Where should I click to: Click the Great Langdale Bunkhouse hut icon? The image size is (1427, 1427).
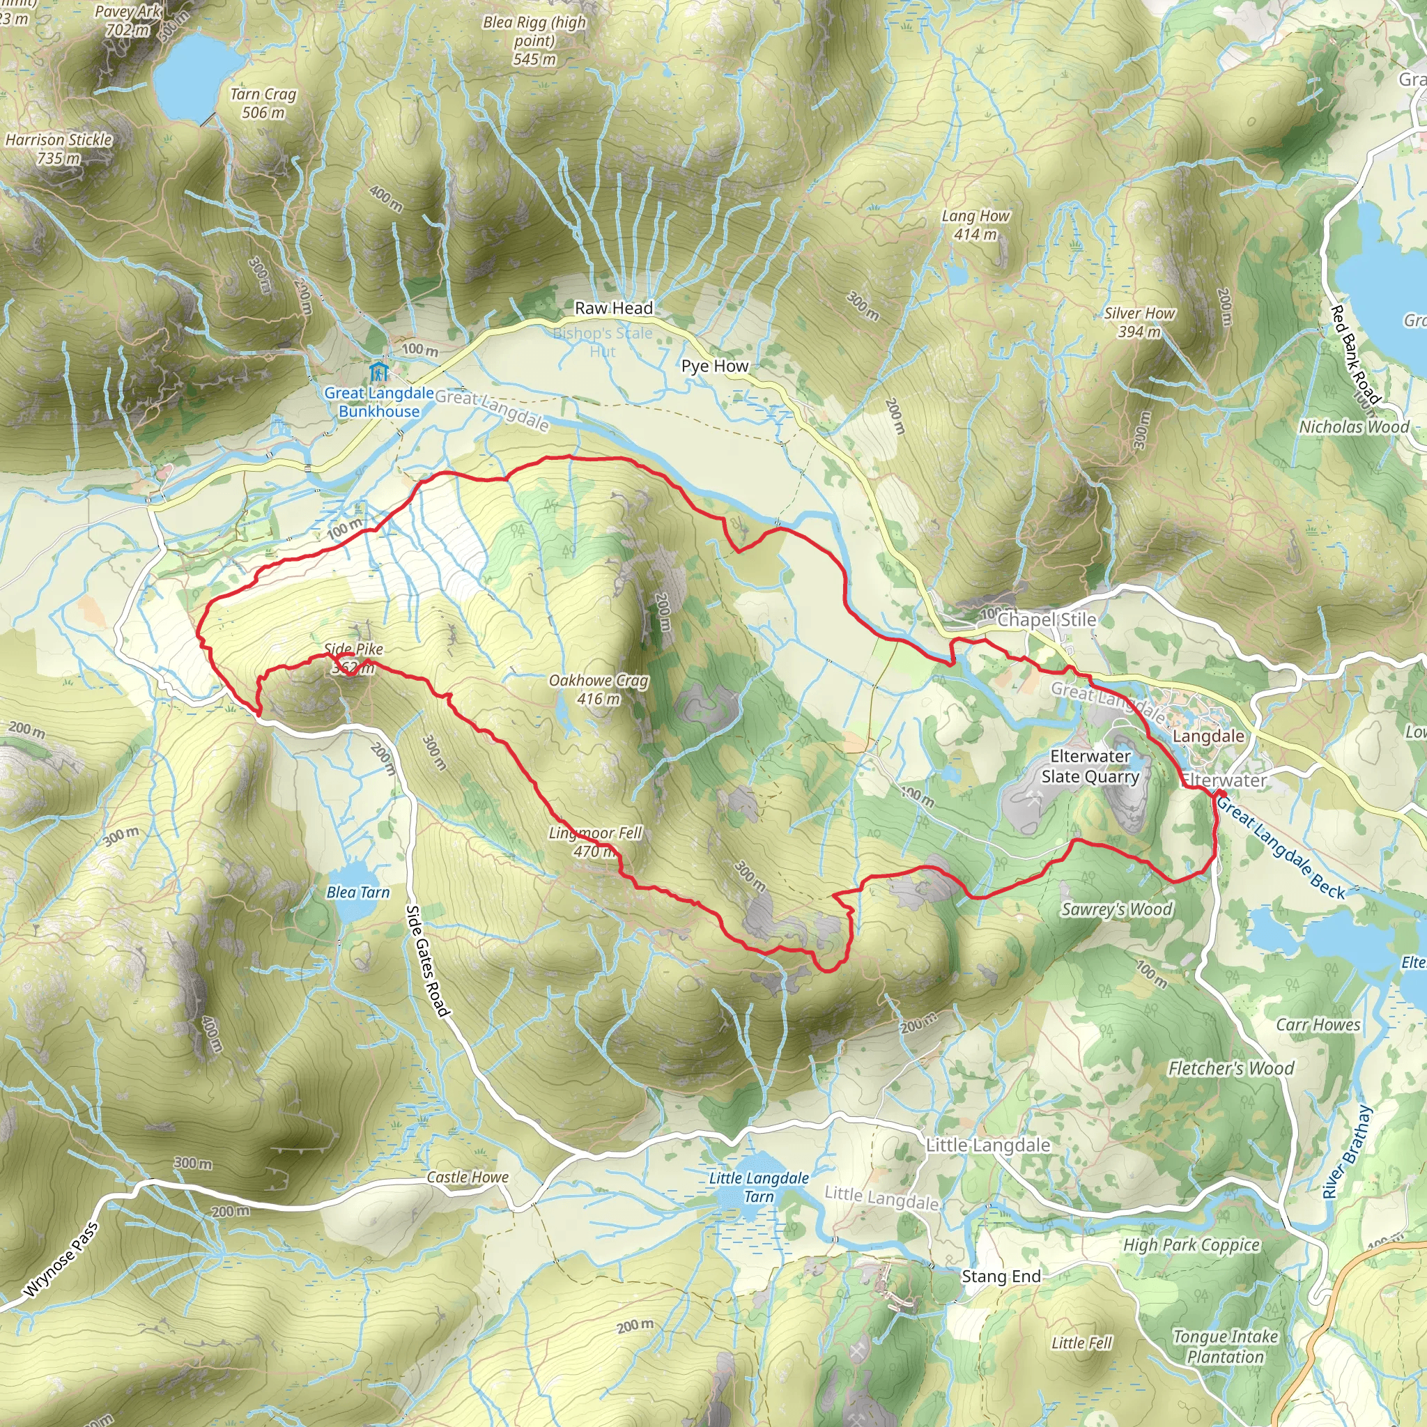point(379,371)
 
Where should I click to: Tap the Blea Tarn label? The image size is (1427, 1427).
point(357,893)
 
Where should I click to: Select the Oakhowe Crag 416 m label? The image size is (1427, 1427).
point(599,689)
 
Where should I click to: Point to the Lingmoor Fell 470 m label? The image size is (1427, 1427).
point(595,842)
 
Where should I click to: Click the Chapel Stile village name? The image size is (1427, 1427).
point(1047,619)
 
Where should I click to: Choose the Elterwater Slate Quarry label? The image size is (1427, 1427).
point(1090,766)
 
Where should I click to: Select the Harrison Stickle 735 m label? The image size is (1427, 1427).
point(59,148)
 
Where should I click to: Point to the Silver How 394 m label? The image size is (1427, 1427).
point(1139,323)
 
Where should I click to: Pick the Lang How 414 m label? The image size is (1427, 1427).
point(975,225)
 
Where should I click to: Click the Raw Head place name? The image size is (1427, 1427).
point(614,308)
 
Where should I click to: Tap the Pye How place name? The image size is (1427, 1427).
point(714,367)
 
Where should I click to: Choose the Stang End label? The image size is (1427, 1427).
point(1001,1276)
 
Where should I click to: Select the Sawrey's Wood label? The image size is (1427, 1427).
point(1117,909)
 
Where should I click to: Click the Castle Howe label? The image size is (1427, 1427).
point(468,1178)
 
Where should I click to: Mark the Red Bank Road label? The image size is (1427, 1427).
point(1355,355)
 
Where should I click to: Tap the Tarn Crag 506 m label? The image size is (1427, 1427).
point(263,103)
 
